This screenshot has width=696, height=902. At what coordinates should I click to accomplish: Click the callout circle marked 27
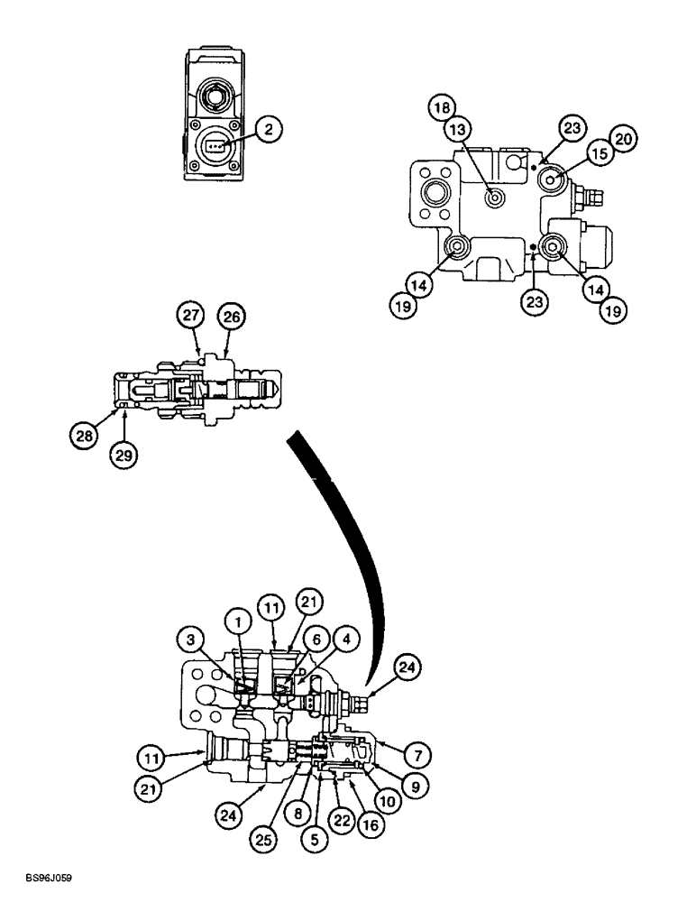click(188, 317)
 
